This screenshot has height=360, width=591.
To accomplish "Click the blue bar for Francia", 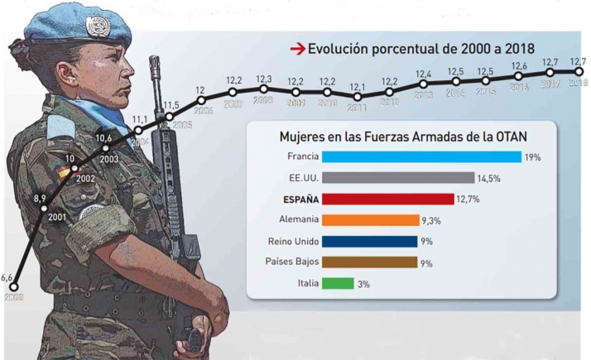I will [x=421, y=156].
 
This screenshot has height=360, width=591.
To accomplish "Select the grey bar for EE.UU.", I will [x=397, y=178].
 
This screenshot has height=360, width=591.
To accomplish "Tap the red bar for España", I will [x=387, y=199].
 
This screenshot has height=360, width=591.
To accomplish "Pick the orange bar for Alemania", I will [x=370, y=220].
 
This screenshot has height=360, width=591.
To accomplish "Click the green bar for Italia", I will [x=338, y=283].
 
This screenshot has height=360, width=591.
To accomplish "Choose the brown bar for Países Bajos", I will [x=369, y=262].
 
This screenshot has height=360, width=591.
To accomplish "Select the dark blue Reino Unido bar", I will [x=369, y=242].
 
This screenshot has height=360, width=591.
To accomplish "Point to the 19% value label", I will [x=532, y=156].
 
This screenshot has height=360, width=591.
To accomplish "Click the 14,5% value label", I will [x=488, y=178].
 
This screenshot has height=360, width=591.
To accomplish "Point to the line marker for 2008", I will [x=263, y=89].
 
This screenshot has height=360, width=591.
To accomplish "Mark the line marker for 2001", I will [x=44, y=207].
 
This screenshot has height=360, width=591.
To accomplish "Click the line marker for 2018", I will [x=578, y=72].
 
